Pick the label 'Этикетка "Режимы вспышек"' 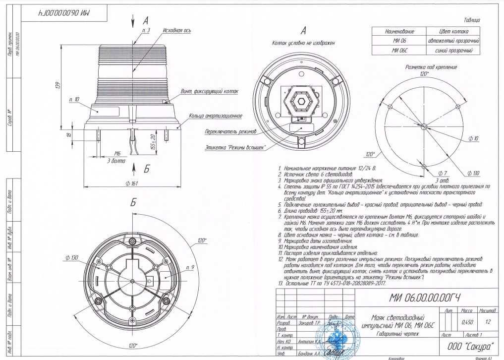235,147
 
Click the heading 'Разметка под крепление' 424,66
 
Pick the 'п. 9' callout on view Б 188,267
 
